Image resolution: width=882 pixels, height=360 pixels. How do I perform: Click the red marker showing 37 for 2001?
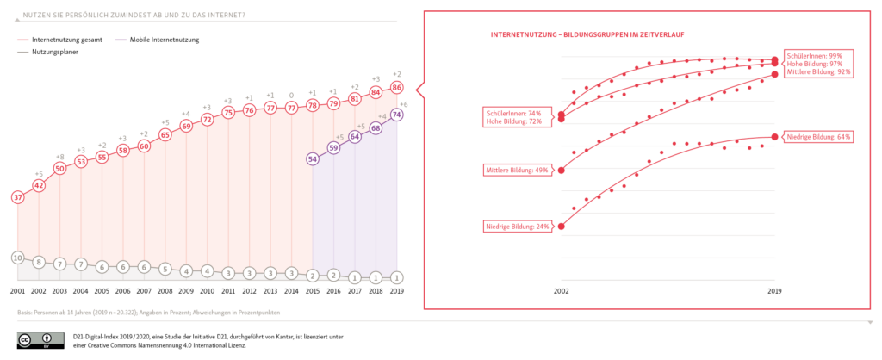(x=17, y=197)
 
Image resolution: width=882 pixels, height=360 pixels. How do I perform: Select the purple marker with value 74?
(x=397, y=115)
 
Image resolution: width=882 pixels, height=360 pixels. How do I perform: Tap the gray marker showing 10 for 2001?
(x=17, y=258)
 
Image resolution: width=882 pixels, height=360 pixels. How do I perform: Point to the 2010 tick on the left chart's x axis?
(x=208, y=291)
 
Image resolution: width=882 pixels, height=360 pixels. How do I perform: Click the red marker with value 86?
(x=397, y=88)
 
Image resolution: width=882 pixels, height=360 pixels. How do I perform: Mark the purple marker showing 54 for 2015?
(x=313, y=158)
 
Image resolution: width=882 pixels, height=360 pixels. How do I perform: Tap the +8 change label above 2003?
(x=59, y=156)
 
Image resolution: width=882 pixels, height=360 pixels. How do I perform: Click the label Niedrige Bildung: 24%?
(x=518, y=227)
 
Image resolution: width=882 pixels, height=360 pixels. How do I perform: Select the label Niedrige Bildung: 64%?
(x=818, y=137)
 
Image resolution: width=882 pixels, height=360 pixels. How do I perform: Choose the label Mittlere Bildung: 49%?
(x=518, y=170)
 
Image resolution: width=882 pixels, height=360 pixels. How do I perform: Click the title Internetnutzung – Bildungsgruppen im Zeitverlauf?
(x=587, y=34)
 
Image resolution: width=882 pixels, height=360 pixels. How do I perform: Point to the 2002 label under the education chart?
(x=562, y=291)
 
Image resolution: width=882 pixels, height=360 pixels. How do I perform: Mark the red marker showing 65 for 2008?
(x=165, y=135)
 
